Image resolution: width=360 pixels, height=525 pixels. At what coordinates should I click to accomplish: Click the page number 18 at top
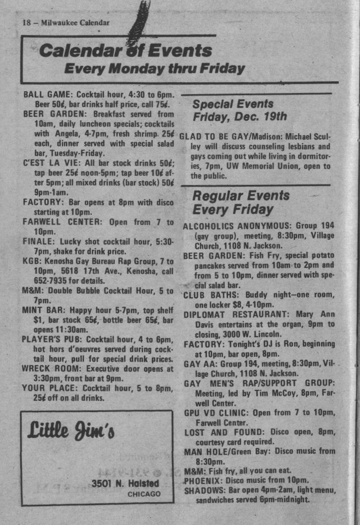coord(26,23)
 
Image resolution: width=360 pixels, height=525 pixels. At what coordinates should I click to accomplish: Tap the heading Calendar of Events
coord(125,50)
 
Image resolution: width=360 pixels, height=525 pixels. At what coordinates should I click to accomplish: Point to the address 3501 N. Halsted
coord(125,484)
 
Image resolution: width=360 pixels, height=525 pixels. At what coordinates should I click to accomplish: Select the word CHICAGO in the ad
coord(144,494)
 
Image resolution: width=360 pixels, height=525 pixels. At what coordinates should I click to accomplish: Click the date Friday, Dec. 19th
coord(240,116)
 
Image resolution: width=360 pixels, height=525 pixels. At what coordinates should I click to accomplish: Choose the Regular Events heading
coord(241,195)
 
